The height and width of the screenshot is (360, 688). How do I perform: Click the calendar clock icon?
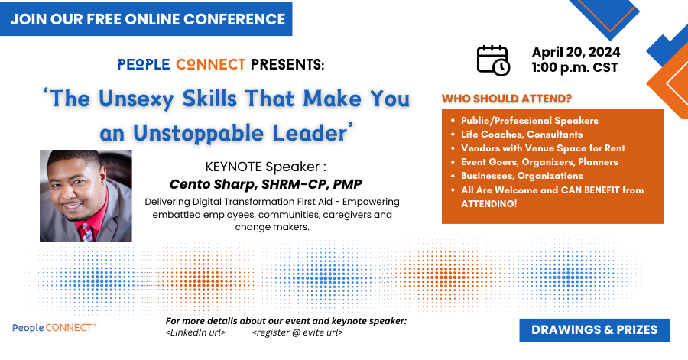[x=493, y=60]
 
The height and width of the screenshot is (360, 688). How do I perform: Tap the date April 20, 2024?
[x=576, y=52]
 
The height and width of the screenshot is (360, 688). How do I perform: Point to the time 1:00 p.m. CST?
[x=575, y=67]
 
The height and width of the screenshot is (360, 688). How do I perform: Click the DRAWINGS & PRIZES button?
[x=595, y=330]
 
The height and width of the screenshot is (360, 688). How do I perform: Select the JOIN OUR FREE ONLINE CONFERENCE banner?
[x=146, y=19]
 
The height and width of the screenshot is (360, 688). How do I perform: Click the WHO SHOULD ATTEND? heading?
[x=507, y=99]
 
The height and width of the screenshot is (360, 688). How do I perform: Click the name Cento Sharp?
[x=212, y=184]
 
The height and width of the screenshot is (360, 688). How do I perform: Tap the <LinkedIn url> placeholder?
[x=196, y=332]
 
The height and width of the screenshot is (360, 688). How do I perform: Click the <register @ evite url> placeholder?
[x=297, y=332]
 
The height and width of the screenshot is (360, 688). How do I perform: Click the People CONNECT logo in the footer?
[x=54, y=328]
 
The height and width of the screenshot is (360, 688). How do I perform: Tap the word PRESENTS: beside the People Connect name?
[x=287, y=64]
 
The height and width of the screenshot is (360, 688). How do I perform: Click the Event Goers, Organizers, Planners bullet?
[x=539, y=162]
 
